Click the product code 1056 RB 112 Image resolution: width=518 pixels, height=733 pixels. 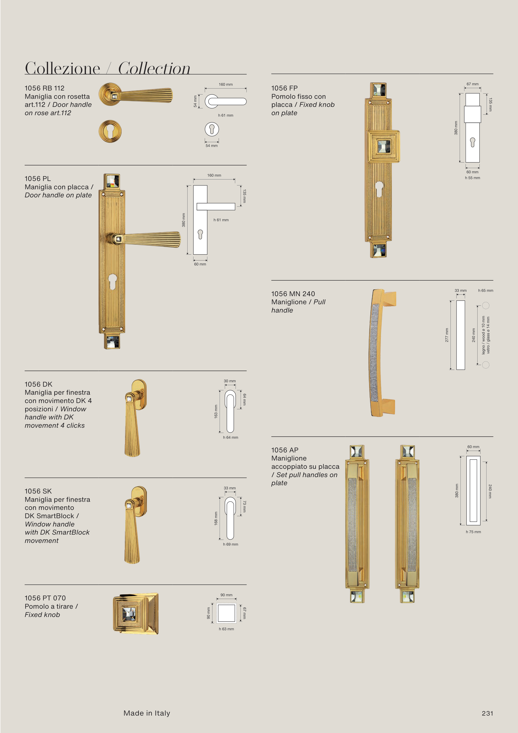pyautogui.click(x=44, y=88)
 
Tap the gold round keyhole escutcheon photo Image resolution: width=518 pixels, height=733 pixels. pyautogui.click(x=110, y=131)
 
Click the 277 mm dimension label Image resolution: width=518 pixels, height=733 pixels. pyautogui.click(x=447, y=335)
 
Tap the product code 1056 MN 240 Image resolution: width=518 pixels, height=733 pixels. pyautogui.click(x=293, y=294)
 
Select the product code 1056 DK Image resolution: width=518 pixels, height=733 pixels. pyautogui.click(x=38, y=384)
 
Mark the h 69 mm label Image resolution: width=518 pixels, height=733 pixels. pyautogui.click(x=230, y=544)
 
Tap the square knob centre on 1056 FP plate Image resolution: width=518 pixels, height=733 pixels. pyautogui.click(x=383, y=147)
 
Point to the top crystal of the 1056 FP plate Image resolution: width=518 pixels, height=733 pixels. pyautogui.click(x=379, y=90)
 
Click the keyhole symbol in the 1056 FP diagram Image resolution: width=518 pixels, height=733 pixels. pyautogui.click(x=473, y=142)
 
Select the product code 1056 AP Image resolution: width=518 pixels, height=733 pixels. pyautogui.click(x=285, y=450)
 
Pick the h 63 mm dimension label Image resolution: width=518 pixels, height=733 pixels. pyautogui.click(x=226, y=629)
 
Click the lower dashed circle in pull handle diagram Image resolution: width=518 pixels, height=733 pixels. pyautogui.click(x=485, y=365)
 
